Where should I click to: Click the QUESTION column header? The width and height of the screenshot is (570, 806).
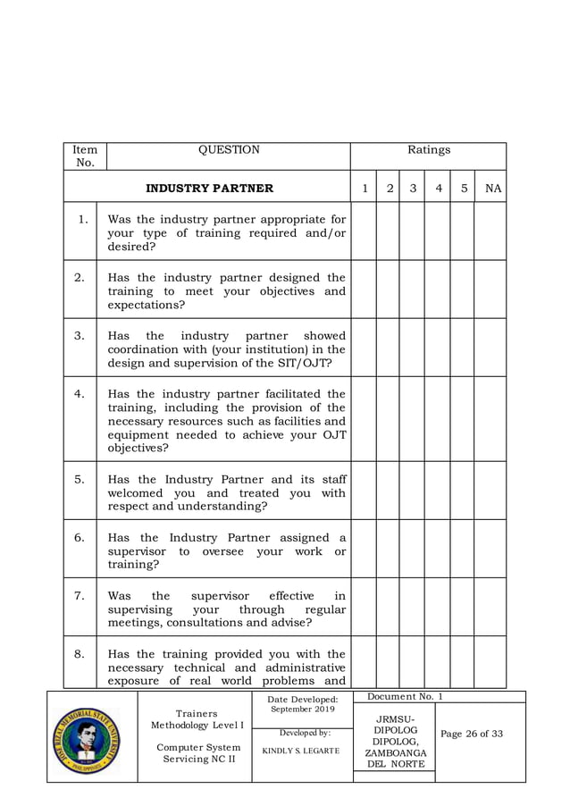pos(229,150)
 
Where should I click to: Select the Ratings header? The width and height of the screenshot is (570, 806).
pos(429,150)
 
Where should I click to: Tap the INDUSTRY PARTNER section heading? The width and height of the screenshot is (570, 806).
pos(209,189)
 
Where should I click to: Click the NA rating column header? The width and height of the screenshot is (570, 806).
pos(492,189)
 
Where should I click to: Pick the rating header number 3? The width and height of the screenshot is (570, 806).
pos(413,189)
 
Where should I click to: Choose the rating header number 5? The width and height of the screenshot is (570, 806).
pos(464,189)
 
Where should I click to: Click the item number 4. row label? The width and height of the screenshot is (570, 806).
pos(80,393)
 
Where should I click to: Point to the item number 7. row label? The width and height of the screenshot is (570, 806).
pos(80,595)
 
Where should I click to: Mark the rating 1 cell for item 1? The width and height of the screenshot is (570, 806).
pos(364,231)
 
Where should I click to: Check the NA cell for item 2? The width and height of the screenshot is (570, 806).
pos(490,290)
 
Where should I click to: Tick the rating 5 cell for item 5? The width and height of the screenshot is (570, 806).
pos(462,491)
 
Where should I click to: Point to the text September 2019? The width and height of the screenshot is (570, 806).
pos(303,709)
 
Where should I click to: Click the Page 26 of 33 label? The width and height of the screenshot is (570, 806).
pos(472,734)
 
